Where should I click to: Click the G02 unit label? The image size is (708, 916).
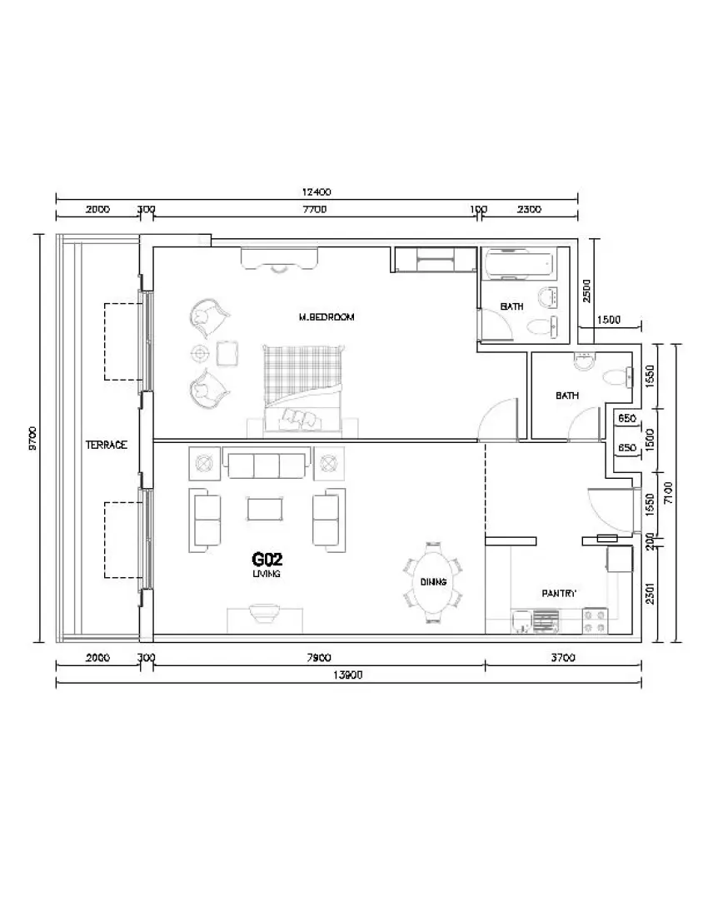267,560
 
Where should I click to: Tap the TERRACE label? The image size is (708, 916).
107,445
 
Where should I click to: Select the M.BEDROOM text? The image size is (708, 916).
327,317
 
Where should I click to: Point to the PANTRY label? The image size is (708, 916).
560,594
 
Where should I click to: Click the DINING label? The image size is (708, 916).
433,582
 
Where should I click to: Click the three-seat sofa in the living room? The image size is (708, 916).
267,465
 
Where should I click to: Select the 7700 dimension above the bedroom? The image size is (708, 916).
315,209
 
